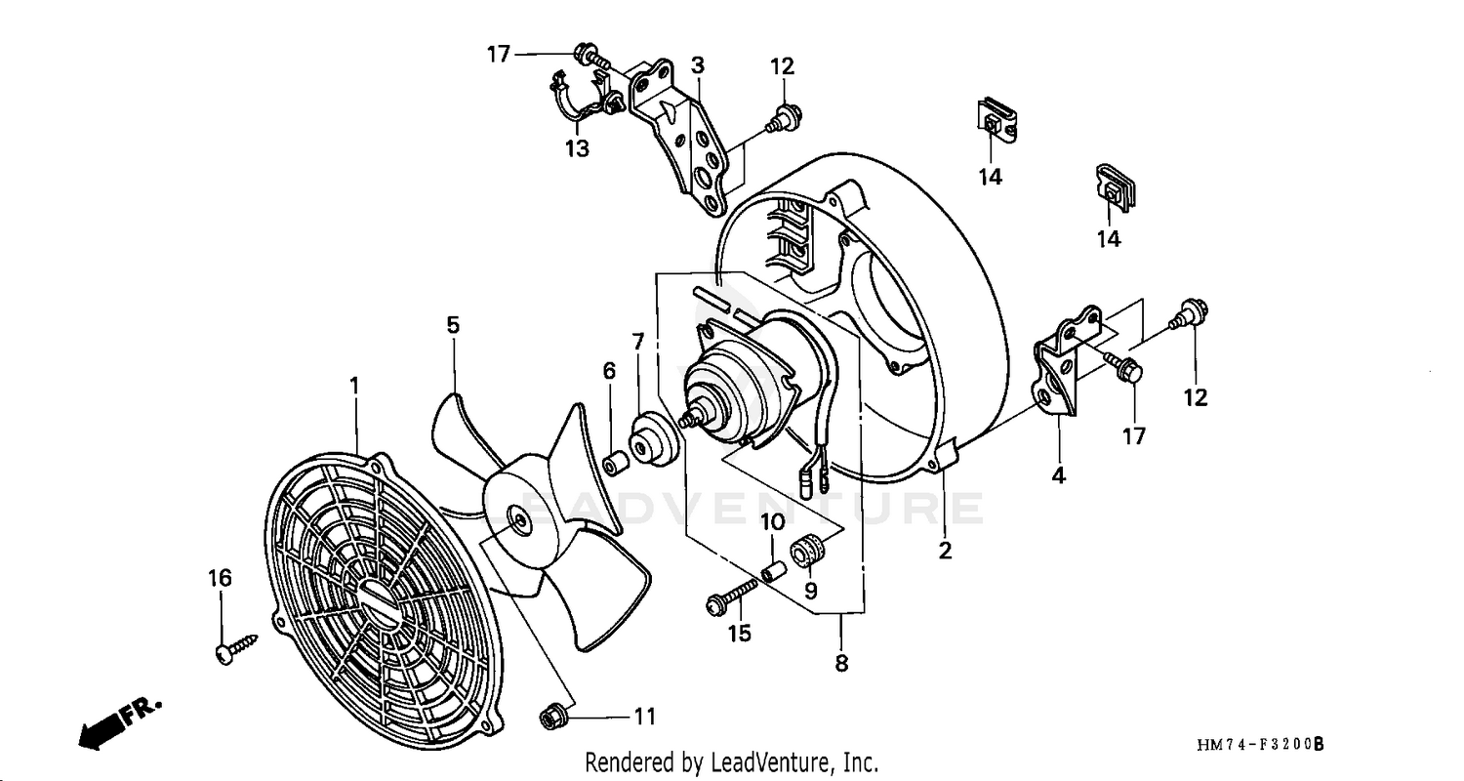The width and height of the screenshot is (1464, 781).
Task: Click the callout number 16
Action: pos(220,578)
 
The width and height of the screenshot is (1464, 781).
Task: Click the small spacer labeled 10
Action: pos(773,567)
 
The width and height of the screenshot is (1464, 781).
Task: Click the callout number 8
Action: pos(841,664)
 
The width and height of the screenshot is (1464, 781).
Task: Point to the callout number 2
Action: pos(945,551)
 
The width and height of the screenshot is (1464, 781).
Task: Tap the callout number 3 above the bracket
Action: pos(698,65)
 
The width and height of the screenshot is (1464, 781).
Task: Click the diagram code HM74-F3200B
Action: pos(1259,745)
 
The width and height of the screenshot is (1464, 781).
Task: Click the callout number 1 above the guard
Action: pos(354,387)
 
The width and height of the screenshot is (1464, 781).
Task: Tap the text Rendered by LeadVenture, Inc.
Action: pos(731,762)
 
